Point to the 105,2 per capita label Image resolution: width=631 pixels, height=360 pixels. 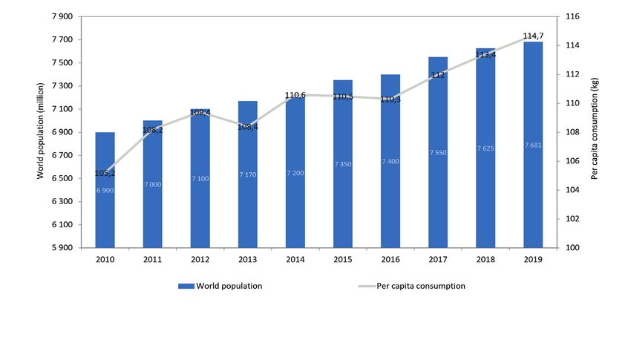(105, 173)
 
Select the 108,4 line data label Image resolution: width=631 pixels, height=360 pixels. (248, 127)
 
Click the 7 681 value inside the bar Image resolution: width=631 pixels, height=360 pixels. (533, 145)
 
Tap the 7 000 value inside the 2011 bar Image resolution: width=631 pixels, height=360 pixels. (152, 183)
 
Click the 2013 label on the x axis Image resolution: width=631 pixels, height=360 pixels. (248, 260)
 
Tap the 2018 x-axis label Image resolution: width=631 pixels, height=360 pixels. (485, 260)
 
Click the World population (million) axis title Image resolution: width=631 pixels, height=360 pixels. (42, 131)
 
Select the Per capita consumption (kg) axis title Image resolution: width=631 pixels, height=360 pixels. (594, 131)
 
